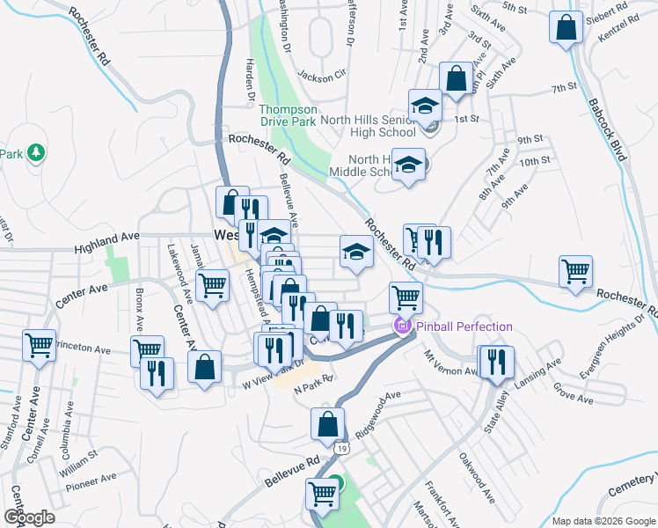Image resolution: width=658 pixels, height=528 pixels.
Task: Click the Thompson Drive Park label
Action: tap(287, 115)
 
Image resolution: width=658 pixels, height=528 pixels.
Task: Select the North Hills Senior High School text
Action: tap(368, 126)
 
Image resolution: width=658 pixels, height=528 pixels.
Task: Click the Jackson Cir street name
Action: tap(323, 75)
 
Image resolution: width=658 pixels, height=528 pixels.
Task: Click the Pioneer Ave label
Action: tap(96, 480)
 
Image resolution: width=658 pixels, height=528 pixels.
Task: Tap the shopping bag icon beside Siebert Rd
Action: tap(567, 27)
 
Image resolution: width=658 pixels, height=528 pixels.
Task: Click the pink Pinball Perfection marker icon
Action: tap(404, 327)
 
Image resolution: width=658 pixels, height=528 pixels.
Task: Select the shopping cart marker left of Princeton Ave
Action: tap(40, 347)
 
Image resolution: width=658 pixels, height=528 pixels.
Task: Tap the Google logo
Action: tap(29, 517)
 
